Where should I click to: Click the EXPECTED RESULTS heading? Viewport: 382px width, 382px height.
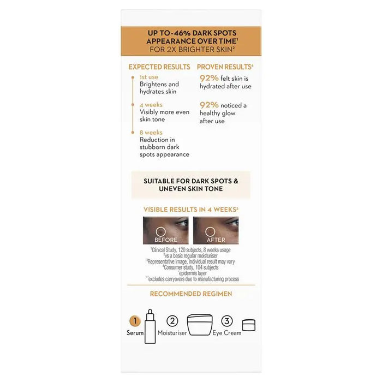pos(159,67)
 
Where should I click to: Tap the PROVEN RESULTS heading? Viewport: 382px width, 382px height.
pos(224,67)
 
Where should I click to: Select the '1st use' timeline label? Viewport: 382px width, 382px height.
pos(149,77)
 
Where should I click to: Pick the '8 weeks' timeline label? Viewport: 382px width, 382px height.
pos(151,132)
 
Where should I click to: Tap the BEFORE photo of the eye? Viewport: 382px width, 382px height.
pos(166,230)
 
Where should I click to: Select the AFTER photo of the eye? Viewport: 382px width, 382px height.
pos(216,230)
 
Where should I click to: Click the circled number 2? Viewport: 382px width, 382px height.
pos(173,321)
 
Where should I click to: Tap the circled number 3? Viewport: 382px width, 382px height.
pos(227,321)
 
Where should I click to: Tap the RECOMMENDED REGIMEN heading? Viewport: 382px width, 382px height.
pos(191,294)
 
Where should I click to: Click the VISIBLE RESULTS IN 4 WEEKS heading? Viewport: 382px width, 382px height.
pos(191,209)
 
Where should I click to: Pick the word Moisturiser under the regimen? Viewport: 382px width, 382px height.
pos(172,333)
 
